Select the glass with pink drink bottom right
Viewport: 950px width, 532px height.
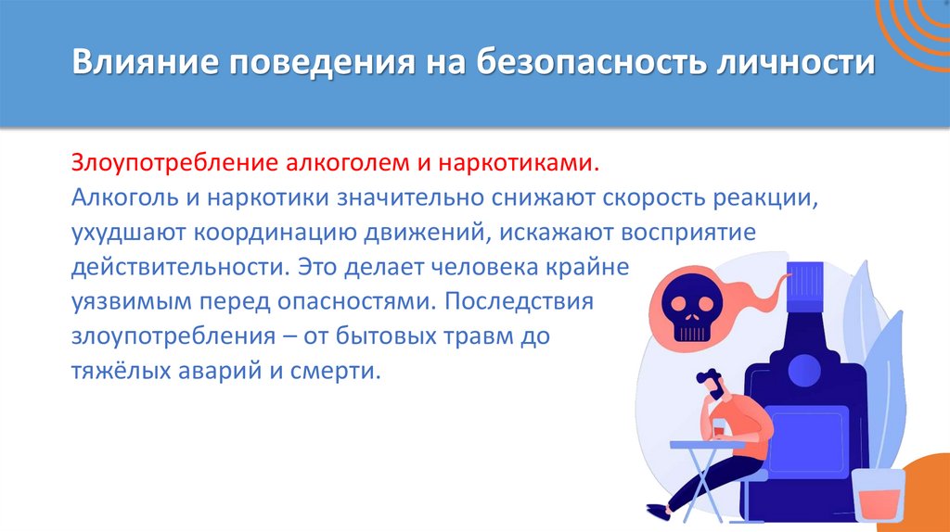pos(879,499)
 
